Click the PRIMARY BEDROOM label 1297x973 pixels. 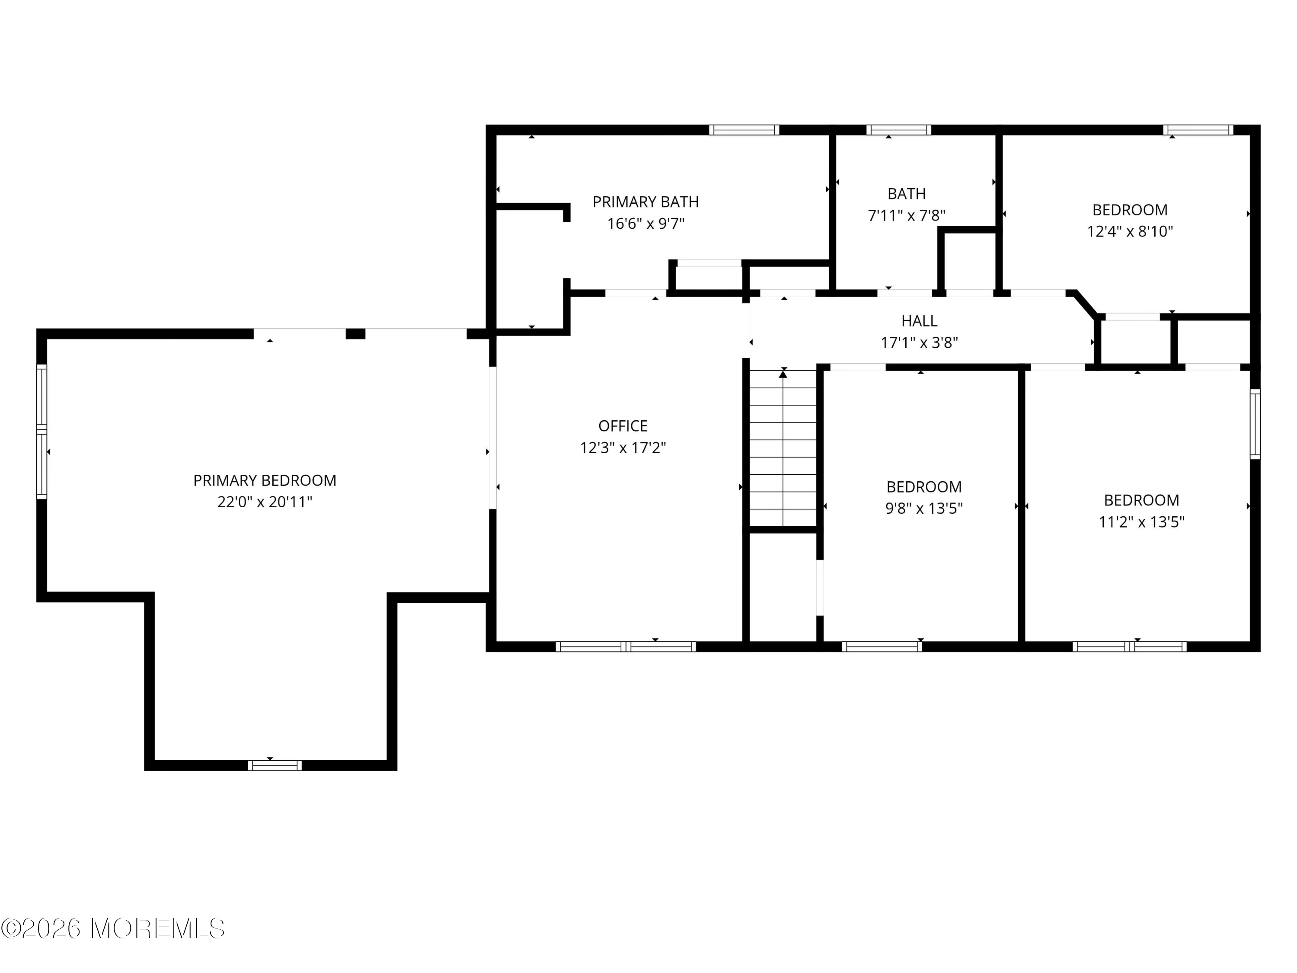(265, 480)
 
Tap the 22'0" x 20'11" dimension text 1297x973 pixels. (265, 502)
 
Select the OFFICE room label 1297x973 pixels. (623, 426)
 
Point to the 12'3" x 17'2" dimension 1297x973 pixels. (623, 448)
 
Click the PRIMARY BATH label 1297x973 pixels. (645, 202)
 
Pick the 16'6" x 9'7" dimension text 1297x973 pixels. (645, 224)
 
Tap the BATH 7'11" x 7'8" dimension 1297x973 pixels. (907, 216)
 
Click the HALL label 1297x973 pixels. (919, 321)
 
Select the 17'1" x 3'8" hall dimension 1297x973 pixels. (919, 342)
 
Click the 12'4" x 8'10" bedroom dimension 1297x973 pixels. (1129, 231)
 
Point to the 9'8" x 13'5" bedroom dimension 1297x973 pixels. (924, 509)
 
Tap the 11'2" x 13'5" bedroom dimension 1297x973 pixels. (1141, 522)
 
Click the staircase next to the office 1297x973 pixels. (783, 449)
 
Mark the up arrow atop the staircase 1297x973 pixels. (783, 374)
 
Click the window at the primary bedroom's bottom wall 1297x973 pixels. (275, 765)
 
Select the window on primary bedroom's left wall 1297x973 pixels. (42, 431)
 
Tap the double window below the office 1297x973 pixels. (626, 647)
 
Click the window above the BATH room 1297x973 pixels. (898, 130)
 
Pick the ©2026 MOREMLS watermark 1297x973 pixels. (112, 928)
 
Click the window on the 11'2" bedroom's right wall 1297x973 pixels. (1254, 424)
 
